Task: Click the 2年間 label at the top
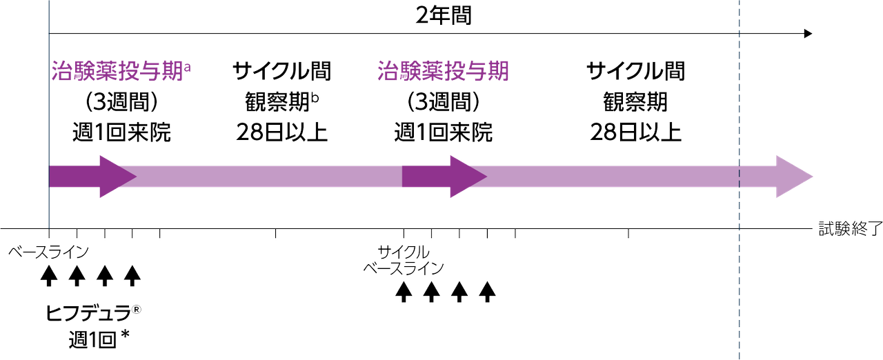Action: click(x=444, y=16)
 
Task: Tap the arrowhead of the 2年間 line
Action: click(x=808, y=34)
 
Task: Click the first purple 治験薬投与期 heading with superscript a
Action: click(x=121, y=71)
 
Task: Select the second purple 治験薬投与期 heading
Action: click(x=443, y=71)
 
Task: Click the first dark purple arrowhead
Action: click(x=118, y=177)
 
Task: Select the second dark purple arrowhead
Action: click(x=468, y=177)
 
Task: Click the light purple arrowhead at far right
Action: click(x=793, y=177)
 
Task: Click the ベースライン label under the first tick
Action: click(x=48, y=252)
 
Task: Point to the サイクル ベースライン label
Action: click(x=404, y=260)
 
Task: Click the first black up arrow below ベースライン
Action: click(x=49, y=276)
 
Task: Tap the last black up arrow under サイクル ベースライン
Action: click(x=487, y=292)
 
